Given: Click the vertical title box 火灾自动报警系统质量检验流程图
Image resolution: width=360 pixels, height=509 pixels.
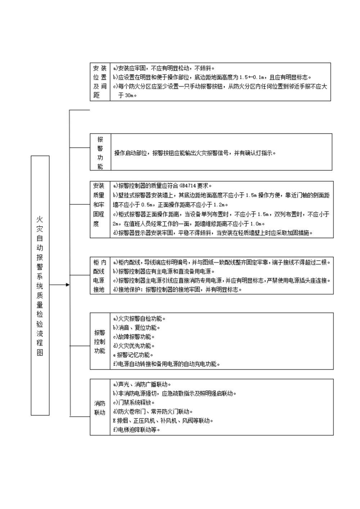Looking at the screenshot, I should pos(40,285).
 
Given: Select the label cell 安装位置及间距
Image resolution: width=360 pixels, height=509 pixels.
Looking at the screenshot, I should pos(100,82).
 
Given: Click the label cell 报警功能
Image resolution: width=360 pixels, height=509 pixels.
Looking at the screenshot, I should pos(100,153).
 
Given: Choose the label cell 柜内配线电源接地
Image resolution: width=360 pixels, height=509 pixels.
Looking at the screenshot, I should pos(99,276).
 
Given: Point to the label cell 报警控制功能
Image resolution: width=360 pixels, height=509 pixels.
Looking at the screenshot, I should pos(100,341).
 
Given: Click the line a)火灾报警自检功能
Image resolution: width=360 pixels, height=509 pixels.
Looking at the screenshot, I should pos(139,319).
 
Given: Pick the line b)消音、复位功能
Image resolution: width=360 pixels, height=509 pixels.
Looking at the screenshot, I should pos(136,328).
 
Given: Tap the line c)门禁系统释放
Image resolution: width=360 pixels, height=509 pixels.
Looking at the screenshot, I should pos(134,403).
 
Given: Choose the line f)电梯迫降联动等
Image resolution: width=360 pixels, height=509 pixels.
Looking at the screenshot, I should pos(136,430).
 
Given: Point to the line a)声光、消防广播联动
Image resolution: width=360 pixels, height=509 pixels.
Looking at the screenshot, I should pos(142,385).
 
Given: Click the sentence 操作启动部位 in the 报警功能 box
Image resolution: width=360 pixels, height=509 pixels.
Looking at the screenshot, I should pos(195,153).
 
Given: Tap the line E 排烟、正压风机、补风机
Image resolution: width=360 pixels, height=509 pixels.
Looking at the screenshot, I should pos(163,421).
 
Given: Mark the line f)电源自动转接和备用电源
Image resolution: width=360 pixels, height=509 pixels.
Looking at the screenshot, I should pos(166,364).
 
